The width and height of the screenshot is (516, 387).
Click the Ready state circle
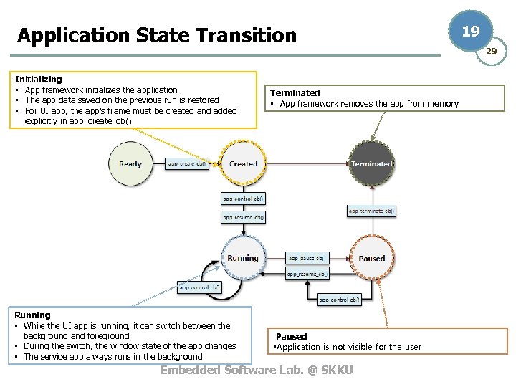tap(130, 164)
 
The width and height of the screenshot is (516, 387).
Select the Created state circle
tap(243, 164)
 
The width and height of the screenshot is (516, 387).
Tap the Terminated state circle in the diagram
tap(371, 164)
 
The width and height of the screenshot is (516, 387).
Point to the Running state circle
tap(243, 258)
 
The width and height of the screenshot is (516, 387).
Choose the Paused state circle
tap(371, 258)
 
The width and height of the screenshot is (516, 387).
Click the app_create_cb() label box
tap(186, 163)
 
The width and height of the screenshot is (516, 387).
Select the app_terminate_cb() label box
tap(371, 211)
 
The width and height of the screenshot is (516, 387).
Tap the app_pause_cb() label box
tap(307, 257)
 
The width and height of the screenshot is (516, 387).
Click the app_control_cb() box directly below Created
tap(243, 199)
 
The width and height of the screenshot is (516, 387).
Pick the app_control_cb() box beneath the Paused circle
tap(339, 300)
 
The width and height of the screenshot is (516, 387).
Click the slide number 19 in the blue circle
tap(470, 32)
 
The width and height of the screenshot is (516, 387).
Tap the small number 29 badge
tap(491, 52)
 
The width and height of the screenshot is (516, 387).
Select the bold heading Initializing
tap(38, 80)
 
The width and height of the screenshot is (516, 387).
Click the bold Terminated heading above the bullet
tap(295, 92)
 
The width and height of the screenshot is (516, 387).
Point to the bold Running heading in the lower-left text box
tap(32, 315)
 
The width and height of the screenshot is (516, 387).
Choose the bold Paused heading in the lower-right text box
tap(291, 336)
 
